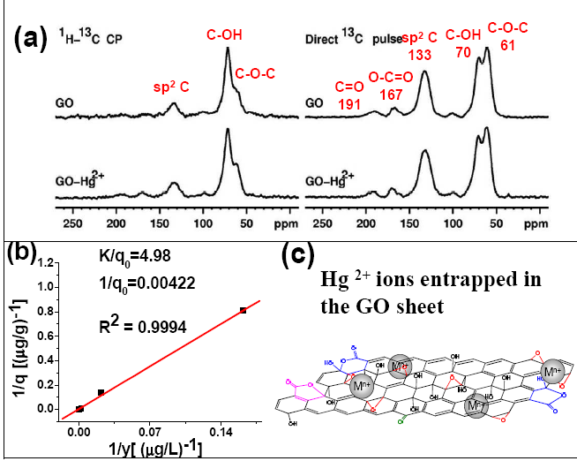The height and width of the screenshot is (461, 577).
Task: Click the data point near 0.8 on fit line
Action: pos(243,310)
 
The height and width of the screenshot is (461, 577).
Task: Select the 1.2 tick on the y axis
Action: pos(50,263)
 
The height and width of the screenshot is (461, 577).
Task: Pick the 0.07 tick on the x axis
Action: pos(156,432)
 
